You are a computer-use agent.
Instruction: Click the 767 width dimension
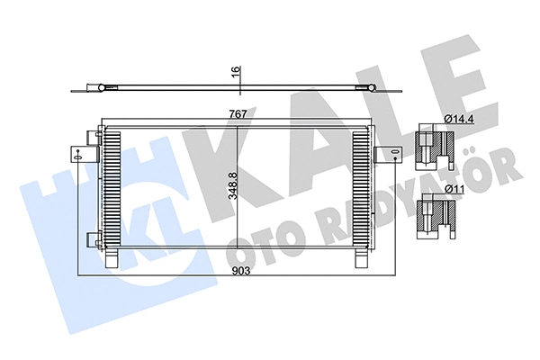click(x=237, y=114)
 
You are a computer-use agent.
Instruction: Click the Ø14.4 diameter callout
click(x=457, y=117)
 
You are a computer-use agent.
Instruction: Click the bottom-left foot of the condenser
click(x=112, y=258)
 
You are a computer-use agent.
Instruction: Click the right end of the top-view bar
click(x=370, y=88)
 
